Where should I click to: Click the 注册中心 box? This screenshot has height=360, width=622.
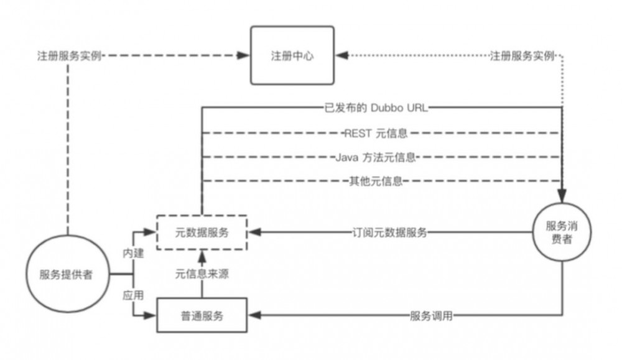point(292,55)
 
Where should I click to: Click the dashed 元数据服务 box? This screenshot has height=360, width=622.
point(201,233)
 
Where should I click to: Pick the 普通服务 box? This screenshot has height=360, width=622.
point(201,316)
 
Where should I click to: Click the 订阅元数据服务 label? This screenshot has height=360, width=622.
point(389,233)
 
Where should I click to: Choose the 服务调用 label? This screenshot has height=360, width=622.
point(430,316)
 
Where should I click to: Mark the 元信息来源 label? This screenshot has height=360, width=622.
point(202,274)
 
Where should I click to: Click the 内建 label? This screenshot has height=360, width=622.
point(133,254)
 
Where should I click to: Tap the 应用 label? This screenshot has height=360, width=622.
point(133,295)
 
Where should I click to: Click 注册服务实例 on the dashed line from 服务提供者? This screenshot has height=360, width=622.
point(68,56)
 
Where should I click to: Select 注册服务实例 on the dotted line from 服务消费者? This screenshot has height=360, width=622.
point(522,56)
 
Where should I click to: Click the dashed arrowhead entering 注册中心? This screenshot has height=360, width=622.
point(245,56)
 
